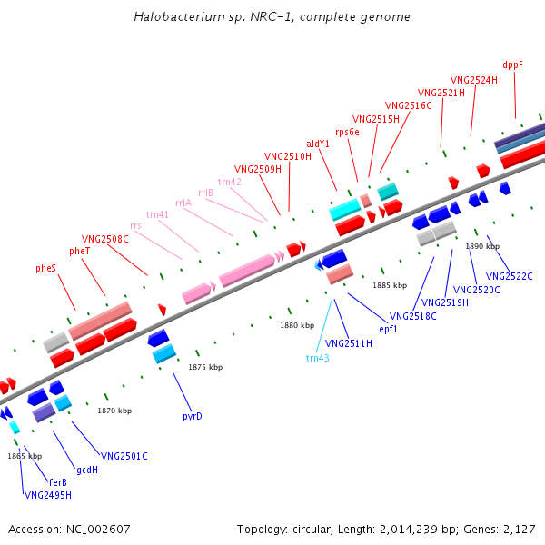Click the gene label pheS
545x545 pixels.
coord(46,268)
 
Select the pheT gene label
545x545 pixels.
coord(80,251)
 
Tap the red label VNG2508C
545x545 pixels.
coord(105,239)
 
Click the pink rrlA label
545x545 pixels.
coord(183,203)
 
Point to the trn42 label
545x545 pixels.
coord(230,182)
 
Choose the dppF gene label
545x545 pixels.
coord(513,64)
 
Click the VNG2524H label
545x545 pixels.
coord(474,80)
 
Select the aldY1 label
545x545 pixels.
coord(318,144)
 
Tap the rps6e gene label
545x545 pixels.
coord(348,132)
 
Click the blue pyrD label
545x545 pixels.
coord(193,416)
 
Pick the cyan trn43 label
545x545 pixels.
coord(317,357)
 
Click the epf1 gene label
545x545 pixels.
coord(389,329)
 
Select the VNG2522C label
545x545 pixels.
coord(510,276)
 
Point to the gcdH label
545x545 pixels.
coord(87,470)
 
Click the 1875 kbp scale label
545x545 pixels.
coord(205,367)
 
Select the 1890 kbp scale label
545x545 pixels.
coord(482,246)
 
